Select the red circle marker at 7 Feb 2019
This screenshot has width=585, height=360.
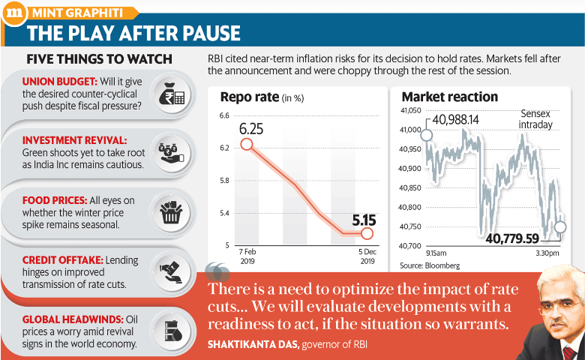coord(247,143)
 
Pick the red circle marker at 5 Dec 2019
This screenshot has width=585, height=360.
coord(366,234)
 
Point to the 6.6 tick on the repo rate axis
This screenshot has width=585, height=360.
coord(223,115)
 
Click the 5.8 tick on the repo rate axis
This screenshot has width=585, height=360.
coord(223,181)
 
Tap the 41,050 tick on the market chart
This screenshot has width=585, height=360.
coord(408,111)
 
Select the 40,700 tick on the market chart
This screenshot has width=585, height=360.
coord(408,246)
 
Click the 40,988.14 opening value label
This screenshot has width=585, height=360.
coord(455,119)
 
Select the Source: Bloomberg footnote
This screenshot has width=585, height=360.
coord(430,265)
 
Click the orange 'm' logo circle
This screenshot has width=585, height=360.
coord(13,13)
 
